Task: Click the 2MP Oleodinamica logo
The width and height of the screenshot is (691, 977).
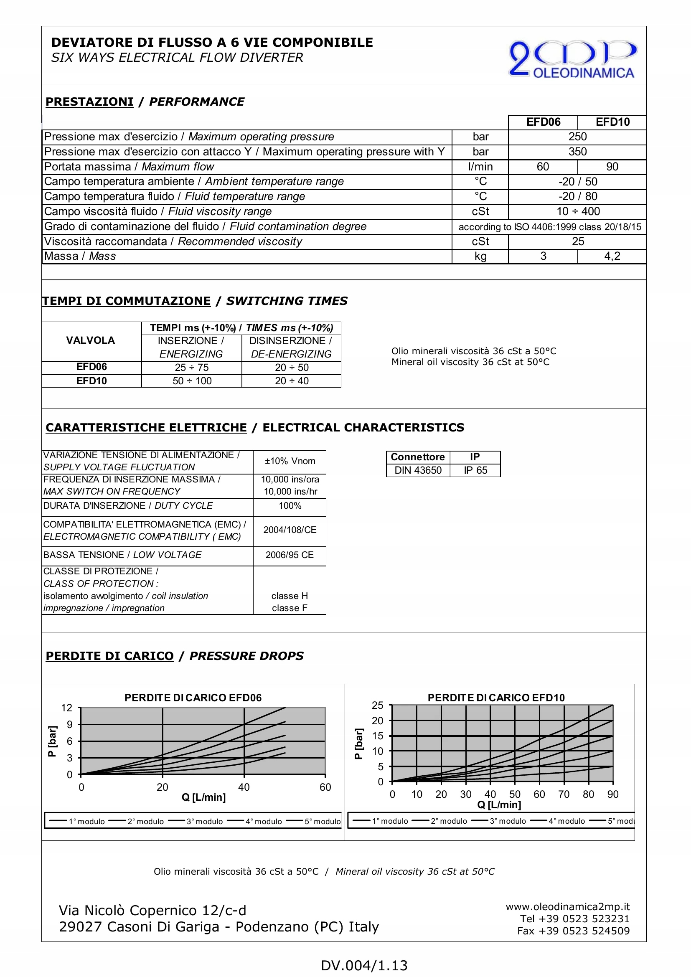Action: point(572,59)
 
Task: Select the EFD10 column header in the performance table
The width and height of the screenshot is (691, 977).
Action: point(612,122)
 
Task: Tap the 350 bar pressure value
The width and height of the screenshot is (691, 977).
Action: point(577,152)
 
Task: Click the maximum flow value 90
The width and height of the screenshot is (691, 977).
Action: point(612,167)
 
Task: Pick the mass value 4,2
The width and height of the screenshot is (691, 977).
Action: point(612,256)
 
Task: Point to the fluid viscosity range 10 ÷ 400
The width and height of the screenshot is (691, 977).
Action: point(578,211)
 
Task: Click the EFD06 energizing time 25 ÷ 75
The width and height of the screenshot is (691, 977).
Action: point(191,368)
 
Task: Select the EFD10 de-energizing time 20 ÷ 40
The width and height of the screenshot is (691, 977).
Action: point(292,381)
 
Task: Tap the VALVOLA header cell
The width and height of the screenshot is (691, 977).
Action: point(91,340)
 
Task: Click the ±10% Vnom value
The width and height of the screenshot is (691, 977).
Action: point(290,461)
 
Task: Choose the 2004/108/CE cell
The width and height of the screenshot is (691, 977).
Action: point(290,530)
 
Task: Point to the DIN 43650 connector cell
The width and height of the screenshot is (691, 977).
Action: point(418,470)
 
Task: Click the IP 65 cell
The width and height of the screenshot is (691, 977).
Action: point(475,470)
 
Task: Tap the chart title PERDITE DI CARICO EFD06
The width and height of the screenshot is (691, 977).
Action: point(193,698)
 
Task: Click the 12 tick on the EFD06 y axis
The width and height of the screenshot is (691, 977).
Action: point(67,708)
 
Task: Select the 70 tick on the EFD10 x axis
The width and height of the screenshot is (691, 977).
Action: point(564,794)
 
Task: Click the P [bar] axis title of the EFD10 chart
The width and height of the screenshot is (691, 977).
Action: point(359,744)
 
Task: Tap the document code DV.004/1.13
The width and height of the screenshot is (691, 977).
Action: point(364,965)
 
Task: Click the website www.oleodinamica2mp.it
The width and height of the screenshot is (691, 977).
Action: point(568,907)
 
